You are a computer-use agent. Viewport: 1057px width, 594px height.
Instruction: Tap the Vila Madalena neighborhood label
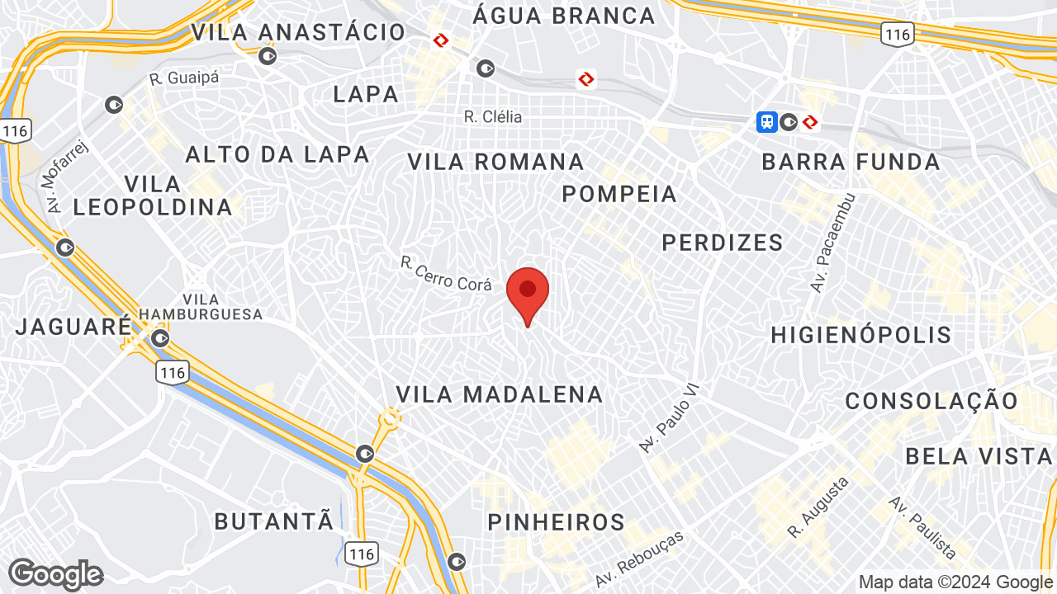coord(500,394)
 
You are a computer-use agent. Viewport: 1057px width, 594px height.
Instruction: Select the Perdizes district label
coord(723,243)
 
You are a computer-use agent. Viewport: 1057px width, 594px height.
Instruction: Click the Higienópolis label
coord(861,335)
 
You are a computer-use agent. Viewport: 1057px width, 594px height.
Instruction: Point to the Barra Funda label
coord(851,162)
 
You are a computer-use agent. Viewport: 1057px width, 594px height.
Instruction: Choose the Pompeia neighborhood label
coord(619,194)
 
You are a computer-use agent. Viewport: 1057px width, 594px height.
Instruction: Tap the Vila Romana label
coord(495,162)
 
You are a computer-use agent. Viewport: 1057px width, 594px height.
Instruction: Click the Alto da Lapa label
coord(277,154)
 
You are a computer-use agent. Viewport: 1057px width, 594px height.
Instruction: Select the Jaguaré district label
coord(73,326)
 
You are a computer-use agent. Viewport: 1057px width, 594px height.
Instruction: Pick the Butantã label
coord(274,521)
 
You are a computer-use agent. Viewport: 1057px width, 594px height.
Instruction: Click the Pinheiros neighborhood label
coord(557,522)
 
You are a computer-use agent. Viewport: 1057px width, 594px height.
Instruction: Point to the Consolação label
coord(931,402)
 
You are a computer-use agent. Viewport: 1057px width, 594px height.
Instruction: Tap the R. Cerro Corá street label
coord(446,273)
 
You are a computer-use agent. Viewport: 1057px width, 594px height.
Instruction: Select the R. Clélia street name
coord(493,117)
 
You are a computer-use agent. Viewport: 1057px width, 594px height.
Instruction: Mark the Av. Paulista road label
coord(923,528)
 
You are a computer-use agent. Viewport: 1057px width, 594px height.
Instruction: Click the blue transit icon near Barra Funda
coord(767,122)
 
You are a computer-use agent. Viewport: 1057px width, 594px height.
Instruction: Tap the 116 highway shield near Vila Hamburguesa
coord(173,373)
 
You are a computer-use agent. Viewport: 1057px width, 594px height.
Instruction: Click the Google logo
coord(55,574)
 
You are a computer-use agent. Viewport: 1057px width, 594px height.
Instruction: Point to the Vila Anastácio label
coord(299,32)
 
